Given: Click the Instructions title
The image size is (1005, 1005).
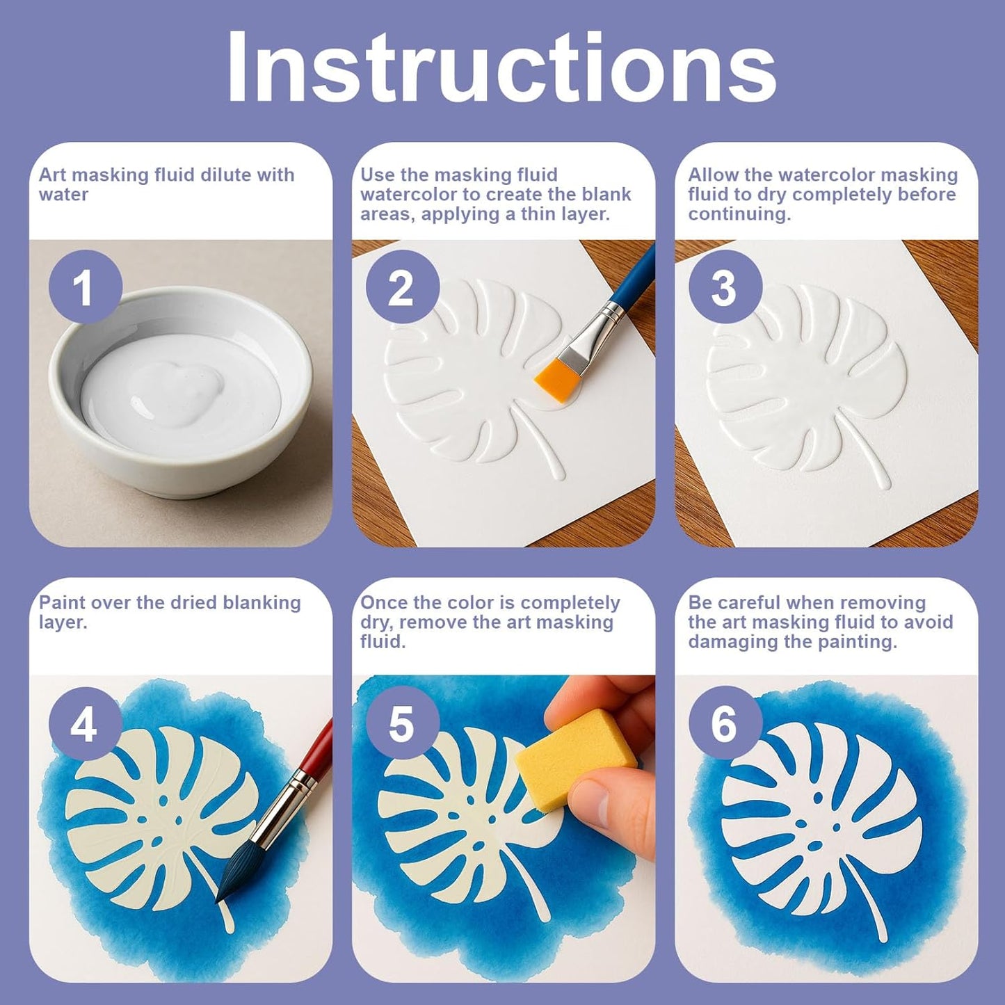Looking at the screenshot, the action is coord(501,67).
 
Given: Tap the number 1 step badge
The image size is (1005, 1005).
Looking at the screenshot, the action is coord(86,287).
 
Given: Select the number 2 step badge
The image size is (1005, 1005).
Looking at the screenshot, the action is coord(402,287).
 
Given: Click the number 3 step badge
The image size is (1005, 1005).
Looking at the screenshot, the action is coord(725,287).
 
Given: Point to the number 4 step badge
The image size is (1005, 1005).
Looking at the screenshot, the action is coord(86,724).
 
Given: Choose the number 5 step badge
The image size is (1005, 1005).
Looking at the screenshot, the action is coord(402,724).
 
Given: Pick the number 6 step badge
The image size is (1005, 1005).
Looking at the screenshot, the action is coord(725,724).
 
